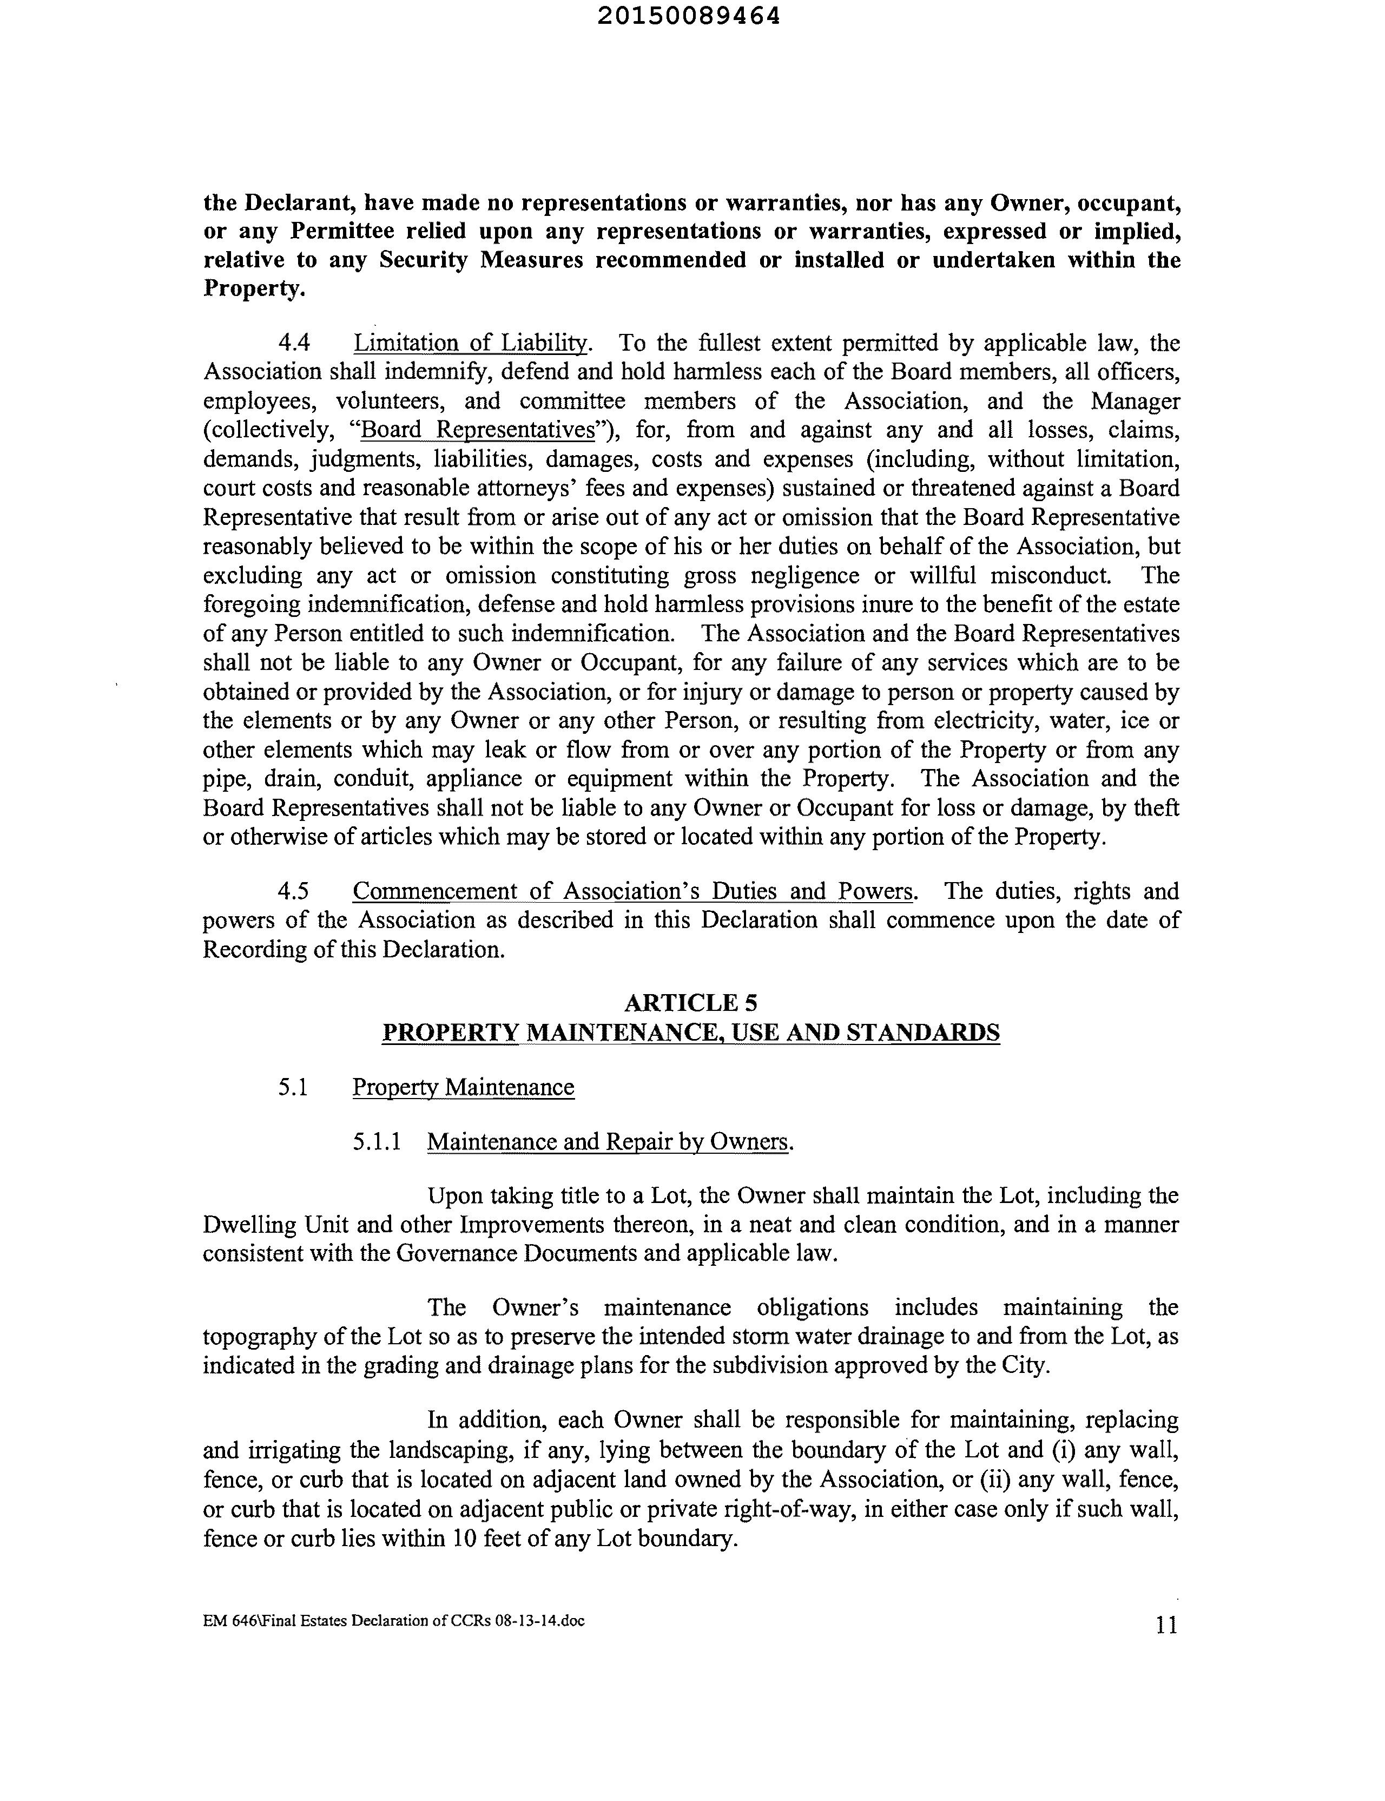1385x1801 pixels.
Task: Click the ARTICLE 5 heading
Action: click(691, 1003)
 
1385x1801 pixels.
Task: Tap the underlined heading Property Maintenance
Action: click(463, 1088)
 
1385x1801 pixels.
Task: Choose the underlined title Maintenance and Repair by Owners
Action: click(609, 1142)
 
